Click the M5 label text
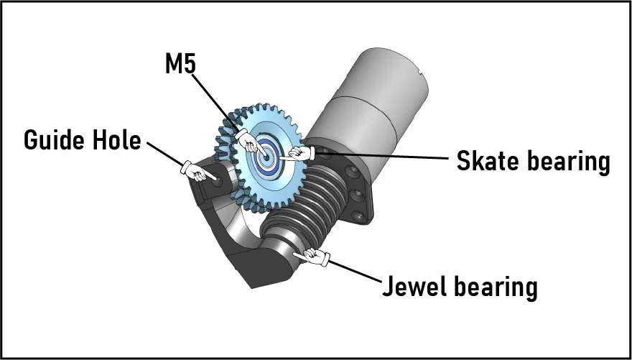pos(181,65)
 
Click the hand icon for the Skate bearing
pos(299,152)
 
